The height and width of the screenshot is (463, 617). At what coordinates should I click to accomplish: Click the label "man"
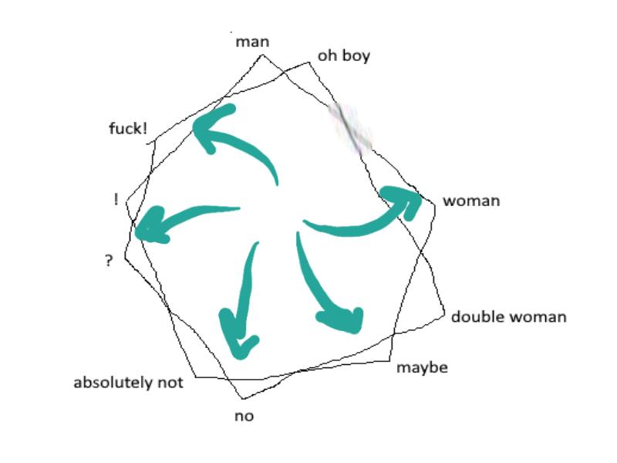pos(252,42)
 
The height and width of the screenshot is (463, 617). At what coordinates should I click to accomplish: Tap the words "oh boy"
pos(344,56)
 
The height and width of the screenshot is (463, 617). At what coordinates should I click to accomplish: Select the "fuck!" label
pos(128,128)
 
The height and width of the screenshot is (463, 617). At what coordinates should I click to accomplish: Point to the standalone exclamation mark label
pos(116,199)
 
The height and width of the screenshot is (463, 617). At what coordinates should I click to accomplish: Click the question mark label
pos(109,260)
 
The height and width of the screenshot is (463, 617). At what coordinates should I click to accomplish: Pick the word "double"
pos(477,316)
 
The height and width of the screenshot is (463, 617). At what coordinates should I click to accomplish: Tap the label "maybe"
pos(422,368)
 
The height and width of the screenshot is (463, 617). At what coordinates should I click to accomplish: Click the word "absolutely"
pos(113,383)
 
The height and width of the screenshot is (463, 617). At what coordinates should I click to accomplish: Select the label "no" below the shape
pos(244,416)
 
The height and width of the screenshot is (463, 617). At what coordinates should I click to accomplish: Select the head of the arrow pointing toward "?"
pos(150,225)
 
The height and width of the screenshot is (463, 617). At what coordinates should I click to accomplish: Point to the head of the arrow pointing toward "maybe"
pos(342,319)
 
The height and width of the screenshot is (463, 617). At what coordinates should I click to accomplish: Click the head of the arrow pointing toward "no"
pos(238,335)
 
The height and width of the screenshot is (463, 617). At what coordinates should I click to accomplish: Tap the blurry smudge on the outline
pos(351,129)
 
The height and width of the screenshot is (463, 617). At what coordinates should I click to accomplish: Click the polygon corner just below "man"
pos(262,55)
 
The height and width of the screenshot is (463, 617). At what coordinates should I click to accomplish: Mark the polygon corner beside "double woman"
pos(445,315)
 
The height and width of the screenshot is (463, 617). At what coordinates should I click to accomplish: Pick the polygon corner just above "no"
pos(243,399)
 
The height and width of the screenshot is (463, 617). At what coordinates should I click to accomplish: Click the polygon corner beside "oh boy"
pos(309,63)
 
